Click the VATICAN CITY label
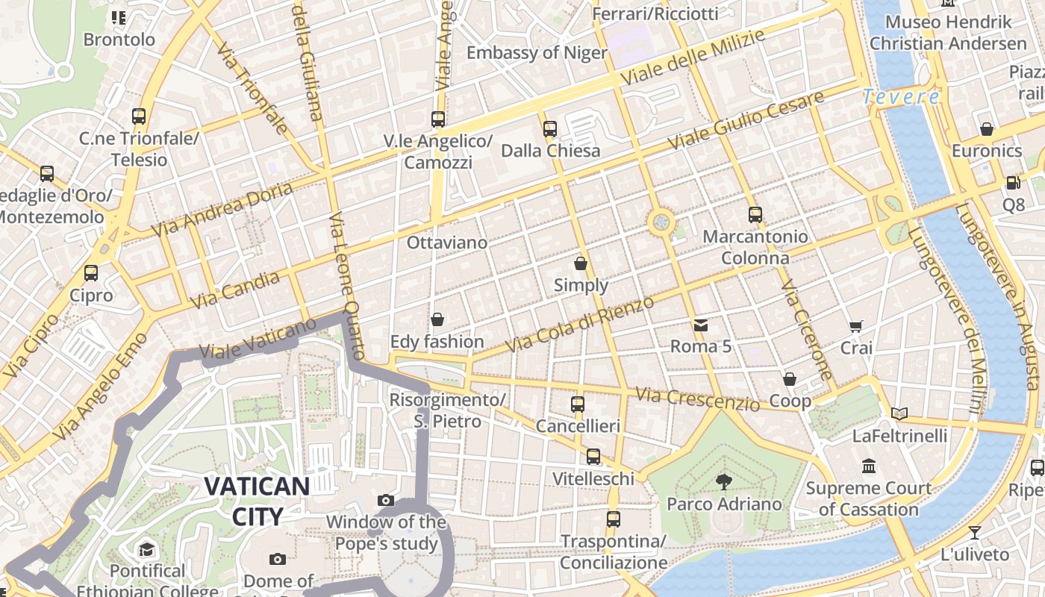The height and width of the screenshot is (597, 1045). [257, 501]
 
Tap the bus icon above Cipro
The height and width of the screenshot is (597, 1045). [91, 273]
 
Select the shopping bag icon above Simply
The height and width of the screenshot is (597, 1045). [581, 263]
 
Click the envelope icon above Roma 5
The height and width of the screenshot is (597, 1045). [700, 325]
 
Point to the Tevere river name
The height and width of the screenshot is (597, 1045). [901, 96]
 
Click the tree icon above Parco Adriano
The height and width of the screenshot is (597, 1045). [723, 481]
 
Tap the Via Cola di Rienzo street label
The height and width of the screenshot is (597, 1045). [579, 324]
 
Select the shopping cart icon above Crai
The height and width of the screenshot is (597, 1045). [855, 326]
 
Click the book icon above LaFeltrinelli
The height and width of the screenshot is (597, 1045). [899, 413]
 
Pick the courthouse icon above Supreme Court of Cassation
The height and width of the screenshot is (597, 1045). [868, 466]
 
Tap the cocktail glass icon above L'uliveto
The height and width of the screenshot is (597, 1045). [975, 532]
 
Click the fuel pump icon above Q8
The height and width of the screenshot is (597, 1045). [1013, 182]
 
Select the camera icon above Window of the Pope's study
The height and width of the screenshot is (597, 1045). [386, 500]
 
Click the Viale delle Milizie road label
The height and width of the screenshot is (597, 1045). [693, 57]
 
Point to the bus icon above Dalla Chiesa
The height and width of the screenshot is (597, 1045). [550, 128]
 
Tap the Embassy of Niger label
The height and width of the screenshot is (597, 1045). [537, 53]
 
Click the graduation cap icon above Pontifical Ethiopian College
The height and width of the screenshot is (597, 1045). [146, 550]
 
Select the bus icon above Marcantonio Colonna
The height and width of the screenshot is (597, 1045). [755, 215]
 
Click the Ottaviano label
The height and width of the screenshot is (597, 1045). [446, 243]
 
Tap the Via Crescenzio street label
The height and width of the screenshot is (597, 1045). [697, 398]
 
